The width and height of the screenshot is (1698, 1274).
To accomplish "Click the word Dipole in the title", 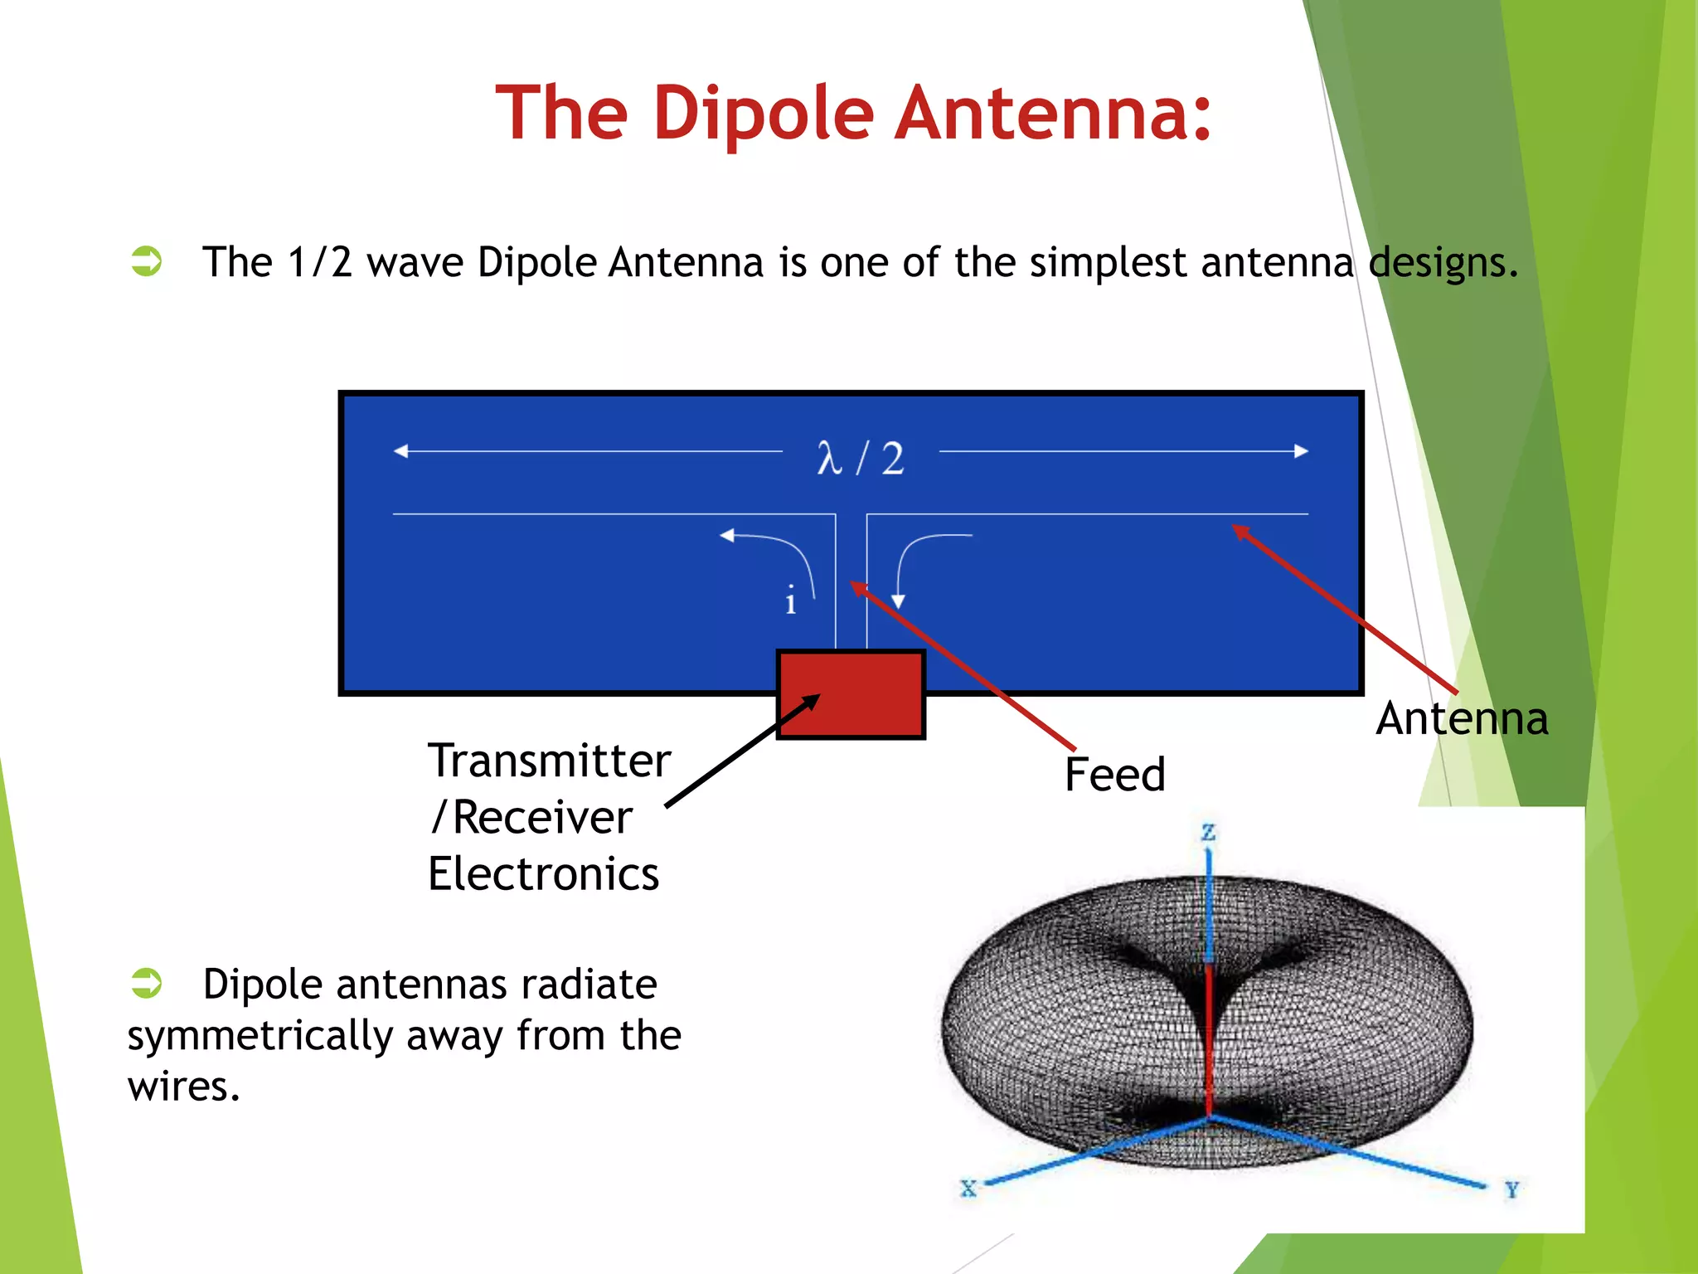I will coord(763,114).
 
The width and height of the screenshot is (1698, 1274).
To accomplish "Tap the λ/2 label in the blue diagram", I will coord(860,458).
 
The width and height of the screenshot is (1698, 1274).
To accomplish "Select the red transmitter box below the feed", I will coord(851,694).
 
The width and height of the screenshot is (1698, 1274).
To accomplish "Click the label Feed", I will coord(1114,775).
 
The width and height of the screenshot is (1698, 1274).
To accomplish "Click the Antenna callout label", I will coord(1462,718).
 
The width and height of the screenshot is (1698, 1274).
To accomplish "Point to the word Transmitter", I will coord(549,761).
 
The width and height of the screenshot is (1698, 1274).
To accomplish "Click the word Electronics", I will coord(543,874).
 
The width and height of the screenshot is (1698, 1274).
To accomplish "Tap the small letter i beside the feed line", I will coord(790,600).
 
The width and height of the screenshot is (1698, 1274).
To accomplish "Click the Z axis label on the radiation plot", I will coord(1209,832).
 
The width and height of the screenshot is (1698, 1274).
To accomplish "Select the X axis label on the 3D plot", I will coord(968,1188).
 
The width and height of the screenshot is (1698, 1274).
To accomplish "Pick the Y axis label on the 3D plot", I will coord(1511,1190).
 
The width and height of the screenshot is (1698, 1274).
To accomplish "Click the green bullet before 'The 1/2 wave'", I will coord(147,261).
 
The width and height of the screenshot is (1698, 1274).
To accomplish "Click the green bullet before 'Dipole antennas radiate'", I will coord(147,983).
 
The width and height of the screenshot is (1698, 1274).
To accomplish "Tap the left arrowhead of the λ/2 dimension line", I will coord(400,451).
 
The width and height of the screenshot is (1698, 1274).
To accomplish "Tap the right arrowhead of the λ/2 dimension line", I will coord(1301,451).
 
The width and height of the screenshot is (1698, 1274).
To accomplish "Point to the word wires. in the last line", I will coord(183,1087).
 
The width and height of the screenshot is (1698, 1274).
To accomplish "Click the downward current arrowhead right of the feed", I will coord(898,601).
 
